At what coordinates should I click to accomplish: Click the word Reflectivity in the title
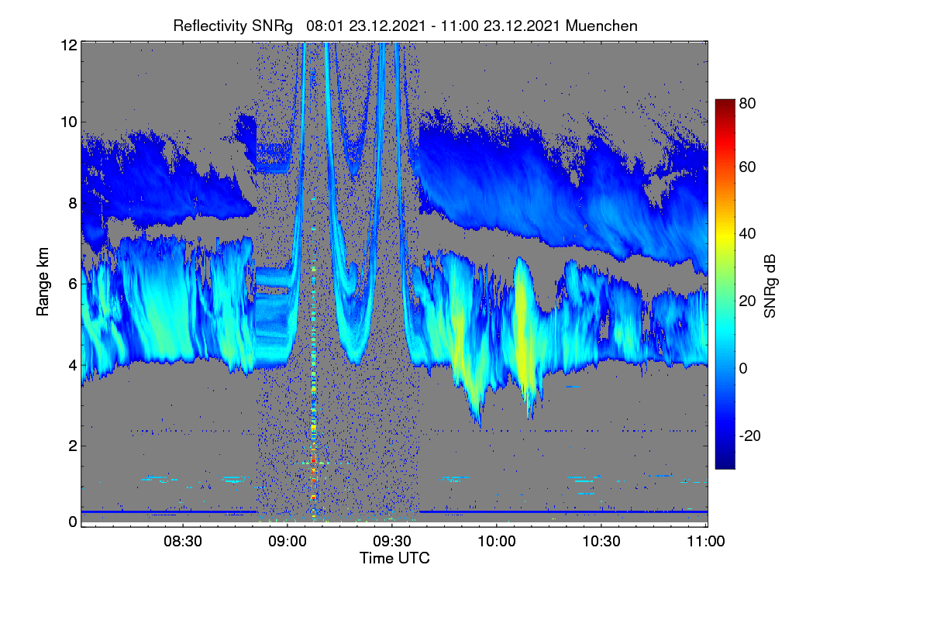[x=210, y=26]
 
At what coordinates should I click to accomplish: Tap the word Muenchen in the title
[x=601, y=26]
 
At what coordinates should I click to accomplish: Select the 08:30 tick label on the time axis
[x=183, y=541]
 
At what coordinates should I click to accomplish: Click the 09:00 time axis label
[x=288, y=541]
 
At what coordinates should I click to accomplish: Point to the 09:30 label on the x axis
[x=392, y=541]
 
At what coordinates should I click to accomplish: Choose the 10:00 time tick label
[x=497, y=541]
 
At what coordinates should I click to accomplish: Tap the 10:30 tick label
[x=601, y=541]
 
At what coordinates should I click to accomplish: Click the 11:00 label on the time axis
[x=706, y=541]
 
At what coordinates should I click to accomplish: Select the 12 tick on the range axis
[x=69, y=45]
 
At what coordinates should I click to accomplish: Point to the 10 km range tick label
[x=69, y=122]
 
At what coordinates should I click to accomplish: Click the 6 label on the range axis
[x=73, y=284]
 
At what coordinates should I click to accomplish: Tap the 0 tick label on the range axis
[x=73, y=522]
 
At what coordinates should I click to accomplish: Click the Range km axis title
[x=43, y=281]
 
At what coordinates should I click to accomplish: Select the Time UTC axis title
[x=394, y=558]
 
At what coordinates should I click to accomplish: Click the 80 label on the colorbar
[x=747, y=103]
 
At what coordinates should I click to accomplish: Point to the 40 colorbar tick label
[x=747, y=234]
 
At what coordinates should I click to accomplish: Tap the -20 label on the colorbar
[x=750, y=436]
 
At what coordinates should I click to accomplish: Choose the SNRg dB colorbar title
[x=770, y=287]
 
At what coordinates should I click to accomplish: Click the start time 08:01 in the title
[x=325, y=26]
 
